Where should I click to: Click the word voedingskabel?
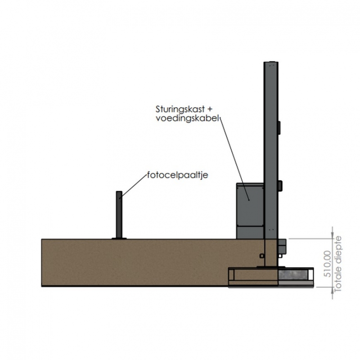187,118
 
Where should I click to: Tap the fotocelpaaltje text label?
177,175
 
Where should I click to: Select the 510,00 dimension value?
328,264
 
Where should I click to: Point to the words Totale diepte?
338,264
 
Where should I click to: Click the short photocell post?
119,215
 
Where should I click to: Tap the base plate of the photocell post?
119,238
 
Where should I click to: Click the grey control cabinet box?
250,211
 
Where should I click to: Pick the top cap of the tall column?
271,62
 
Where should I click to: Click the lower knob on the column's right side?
280,186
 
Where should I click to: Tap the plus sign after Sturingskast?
210,109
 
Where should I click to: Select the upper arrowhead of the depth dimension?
333,236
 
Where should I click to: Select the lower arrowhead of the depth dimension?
333,289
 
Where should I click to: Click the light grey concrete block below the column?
293,275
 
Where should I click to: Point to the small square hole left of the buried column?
262,256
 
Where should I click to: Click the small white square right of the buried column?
280,256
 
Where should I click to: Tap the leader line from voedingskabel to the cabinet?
234,159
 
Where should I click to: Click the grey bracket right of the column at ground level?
282,246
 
